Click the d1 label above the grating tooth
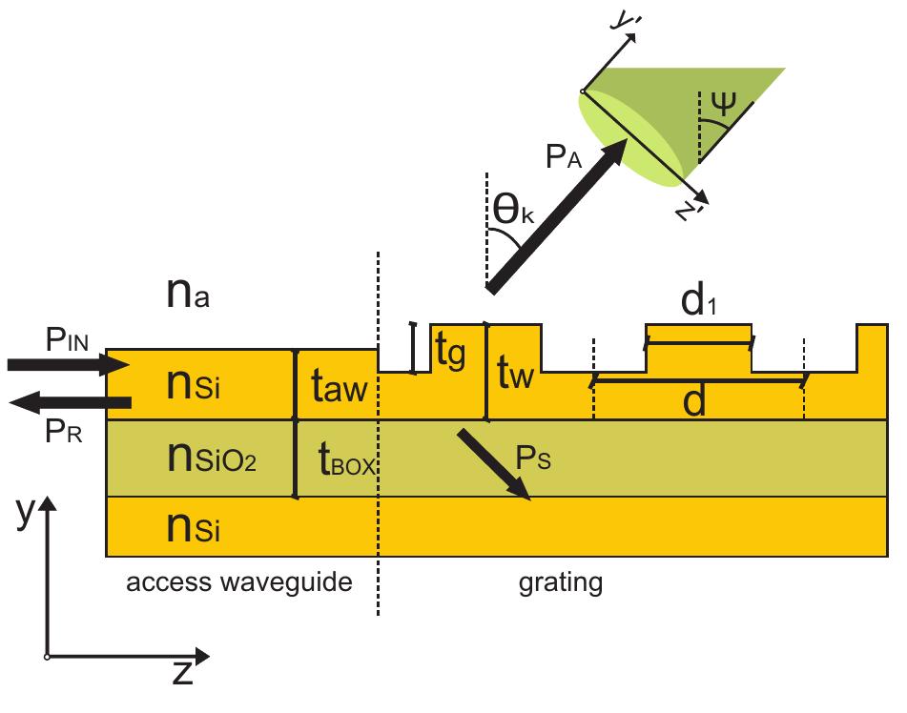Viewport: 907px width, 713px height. (698, 301)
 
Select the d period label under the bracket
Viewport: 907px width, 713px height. (693, 403)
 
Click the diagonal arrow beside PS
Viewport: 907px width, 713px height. (494, 463)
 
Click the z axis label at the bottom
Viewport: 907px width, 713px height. (182, 674)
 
